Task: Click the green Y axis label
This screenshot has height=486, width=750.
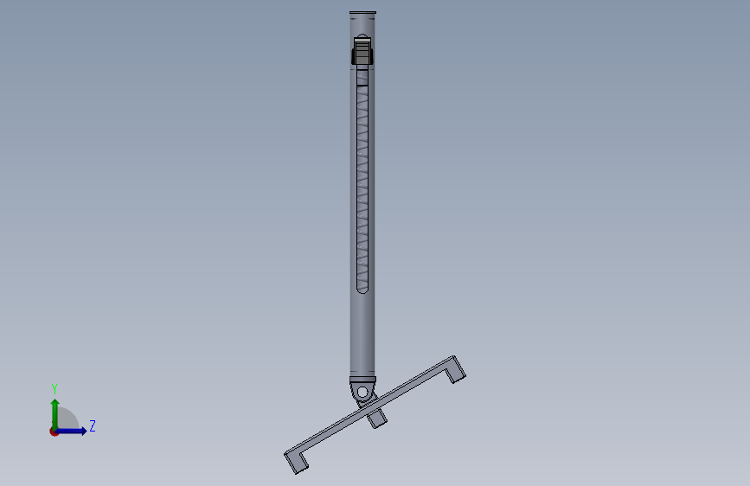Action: point(54,389)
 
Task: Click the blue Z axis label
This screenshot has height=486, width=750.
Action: point(93,425)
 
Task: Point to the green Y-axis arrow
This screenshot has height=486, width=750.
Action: point(55,414)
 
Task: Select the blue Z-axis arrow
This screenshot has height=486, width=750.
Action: point(72,431)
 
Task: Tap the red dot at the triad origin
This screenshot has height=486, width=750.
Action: point(54,432)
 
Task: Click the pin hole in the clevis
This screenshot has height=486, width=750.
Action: point(362,393)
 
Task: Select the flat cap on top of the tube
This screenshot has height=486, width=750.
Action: point(362,12)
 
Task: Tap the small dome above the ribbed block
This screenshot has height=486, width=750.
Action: point(362,36)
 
